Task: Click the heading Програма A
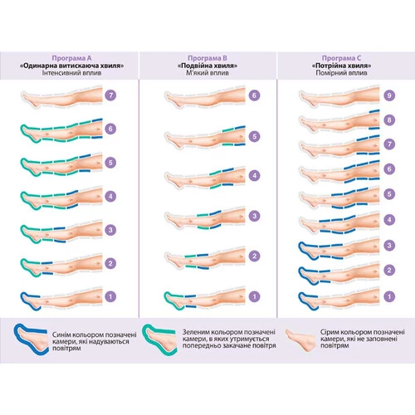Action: (71, 58)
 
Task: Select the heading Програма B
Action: (207, 58)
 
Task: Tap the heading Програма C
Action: (341, 58)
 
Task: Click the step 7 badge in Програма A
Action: (110, 95)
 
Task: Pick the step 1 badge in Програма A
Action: (110, 296)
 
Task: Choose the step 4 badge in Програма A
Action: (110, 197)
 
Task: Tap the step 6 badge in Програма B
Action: (254, 95)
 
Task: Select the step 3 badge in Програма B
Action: (254, 216)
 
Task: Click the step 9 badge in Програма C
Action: (389, 95)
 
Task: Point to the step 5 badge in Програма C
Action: (389, 194)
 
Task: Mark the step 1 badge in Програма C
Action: (389, 296)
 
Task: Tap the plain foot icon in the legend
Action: (301, 339)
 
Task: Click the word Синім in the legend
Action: (60, 334)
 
